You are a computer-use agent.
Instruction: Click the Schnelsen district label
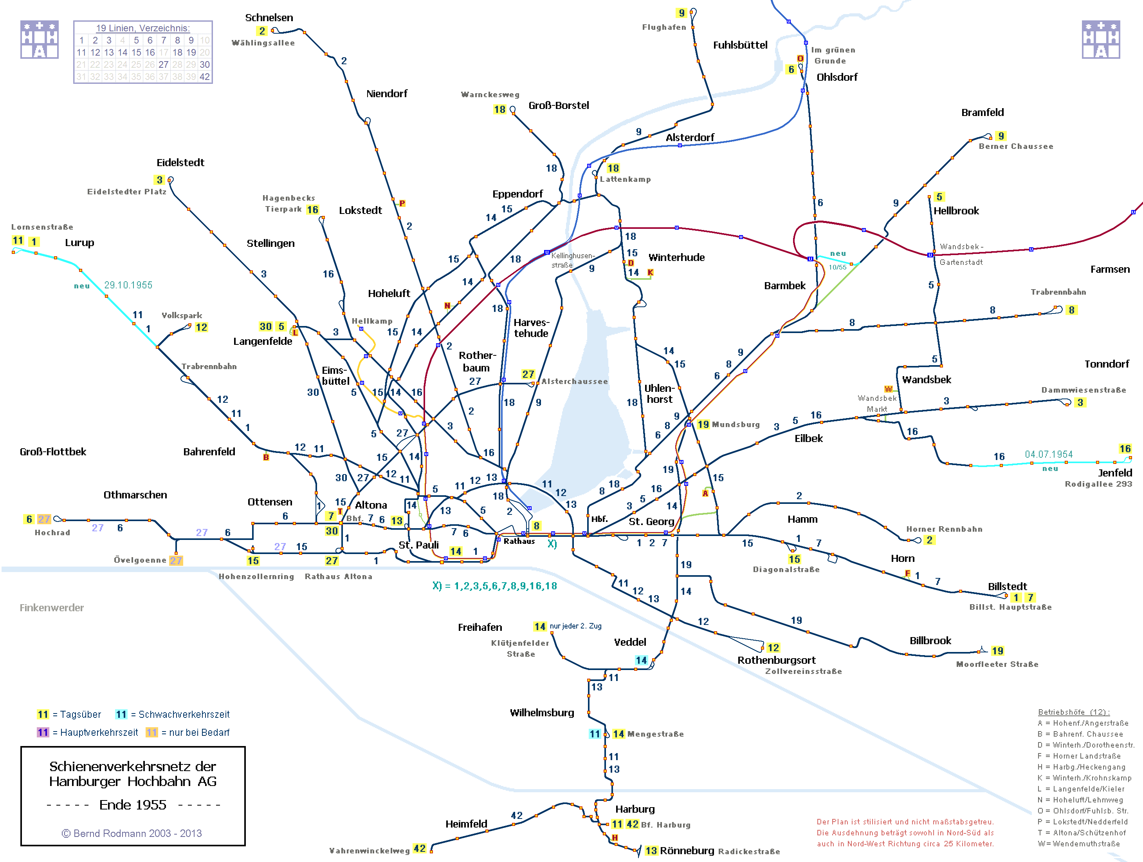coord(269,18)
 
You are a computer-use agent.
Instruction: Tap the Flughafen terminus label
coord(664,27)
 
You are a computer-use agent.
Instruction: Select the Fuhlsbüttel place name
coord(740,45)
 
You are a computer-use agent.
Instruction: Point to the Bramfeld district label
coord(982,112)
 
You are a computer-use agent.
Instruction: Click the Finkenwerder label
coord(52,608)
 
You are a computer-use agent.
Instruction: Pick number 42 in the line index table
coord(205,76)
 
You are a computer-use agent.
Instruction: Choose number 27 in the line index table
coord(163,65)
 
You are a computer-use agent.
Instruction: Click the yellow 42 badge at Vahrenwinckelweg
coord(420,849)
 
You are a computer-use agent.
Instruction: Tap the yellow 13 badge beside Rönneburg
coord(651,851)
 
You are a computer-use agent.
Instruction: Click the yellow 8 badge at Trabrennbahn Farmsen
coord(1072,310)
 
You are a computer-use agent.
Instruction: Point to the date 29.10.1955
coord(128,285)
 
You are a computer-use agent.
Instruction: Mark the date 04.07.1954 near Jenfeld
coord(1048,454)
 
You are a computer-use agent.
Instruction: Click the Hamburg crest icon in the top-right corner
coord(1101,40)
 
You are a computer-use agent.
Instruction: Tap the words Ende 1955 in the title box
coord(133,805)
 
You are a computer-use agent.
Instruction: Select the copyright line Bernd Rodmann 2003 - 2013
coord(132,833)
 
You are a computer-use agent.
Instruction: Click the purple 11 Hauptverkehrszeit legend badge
coord(43,732)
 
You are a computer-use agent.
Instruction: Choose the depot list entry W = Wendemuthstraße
coord(1078,843)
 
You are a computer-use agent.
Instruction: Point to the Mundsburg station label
coord(736,425)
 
